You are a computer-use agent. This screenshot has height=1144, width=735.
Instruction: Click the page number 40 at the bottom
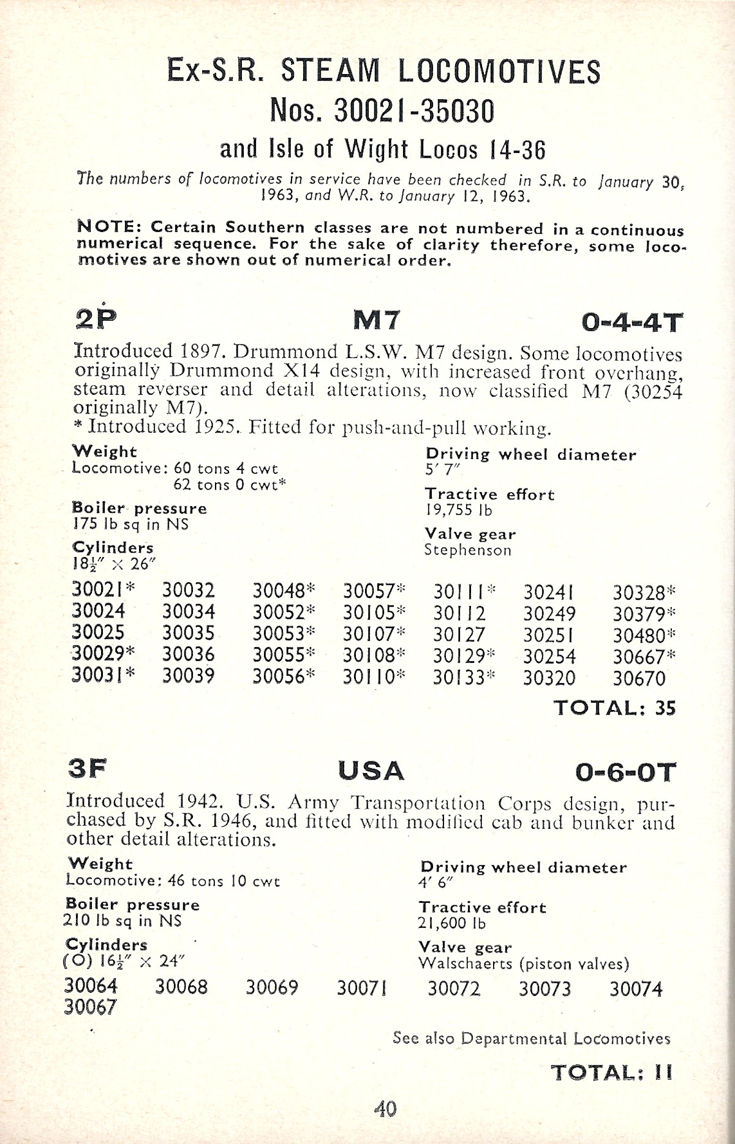(x=385, y=1108)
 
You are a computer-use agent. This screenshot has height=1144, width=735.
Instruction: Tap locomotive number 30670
(x=639, y=678)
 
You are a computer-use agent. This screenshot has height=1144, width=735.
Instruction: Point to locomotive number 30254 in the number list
(x=549, y=657)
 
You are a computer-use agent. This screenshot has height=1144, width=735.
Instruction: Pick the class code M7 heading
(x=377, y=320)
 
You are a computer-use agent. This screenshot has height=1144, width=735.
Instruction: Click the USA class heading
(x=371, y=771)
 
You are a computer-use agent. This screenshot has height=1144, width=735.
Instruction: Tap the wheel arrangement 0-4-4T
(x=631, y=322)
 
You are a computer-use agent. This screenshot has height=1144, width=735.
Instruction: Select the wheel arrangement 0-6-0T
(x=625, y=772)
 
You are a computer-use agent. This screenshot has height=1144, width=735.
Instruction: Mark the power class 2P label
(x=95, y=318)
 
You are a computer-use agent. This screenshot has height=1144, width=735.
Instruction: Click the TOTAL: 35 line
(x=614, y=708)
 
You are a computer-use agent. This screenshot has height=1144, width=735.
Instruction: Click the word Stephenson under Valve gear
(x=468, y=550)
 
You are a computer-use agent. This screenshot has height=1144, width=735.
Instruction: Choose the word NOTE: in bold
(x=110, y=226)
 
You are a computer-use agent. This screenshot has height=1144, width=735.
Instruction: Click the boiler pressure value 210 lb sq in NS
(x=123, y=920)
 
